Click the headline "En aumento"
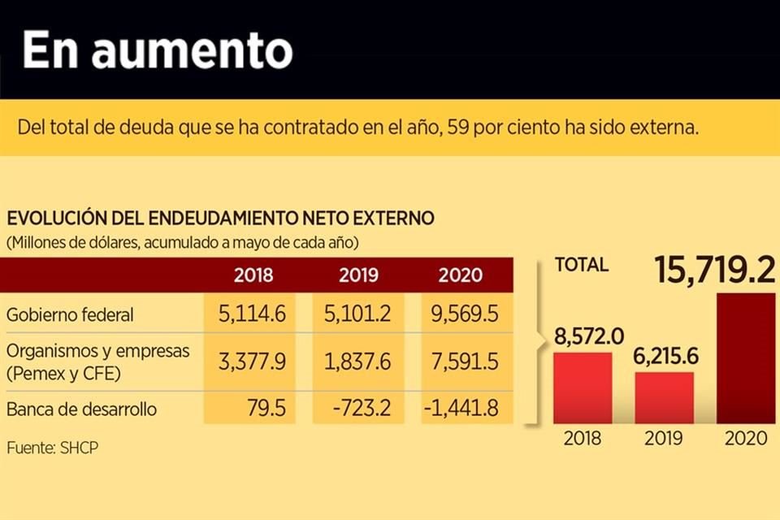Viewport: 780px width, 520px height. (158, 50)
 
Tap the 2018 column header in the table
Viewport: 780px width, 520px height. (253, 275)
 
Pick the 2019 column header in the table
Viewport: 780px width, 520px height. (358, 275)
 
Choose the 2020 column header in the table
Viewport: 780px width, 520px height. (461, 275)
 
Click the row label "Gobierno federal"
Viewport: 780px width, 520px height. (70, 314)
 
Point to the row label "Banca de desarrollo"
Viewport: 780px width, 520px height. (80, 408)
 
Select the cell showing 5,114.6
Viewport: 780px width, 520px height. (252, 314)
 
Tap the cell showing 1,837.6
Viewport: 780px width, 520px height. (358, 361)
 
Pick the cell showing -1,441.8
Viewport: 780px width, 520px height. (461, 408)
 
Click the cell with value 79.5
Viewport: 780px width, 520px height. (268, 408)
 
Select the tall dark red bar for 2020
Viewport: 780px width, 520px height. (745, 357)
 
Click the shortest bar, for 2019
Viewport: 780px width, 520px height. (664, 397)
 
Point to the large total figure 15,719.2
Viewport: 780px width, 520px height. (715, 271)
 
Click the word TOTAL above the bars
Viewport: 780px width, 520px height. (581, 264)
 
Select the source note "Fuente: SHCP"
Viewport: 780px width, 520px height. (53, 448)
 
